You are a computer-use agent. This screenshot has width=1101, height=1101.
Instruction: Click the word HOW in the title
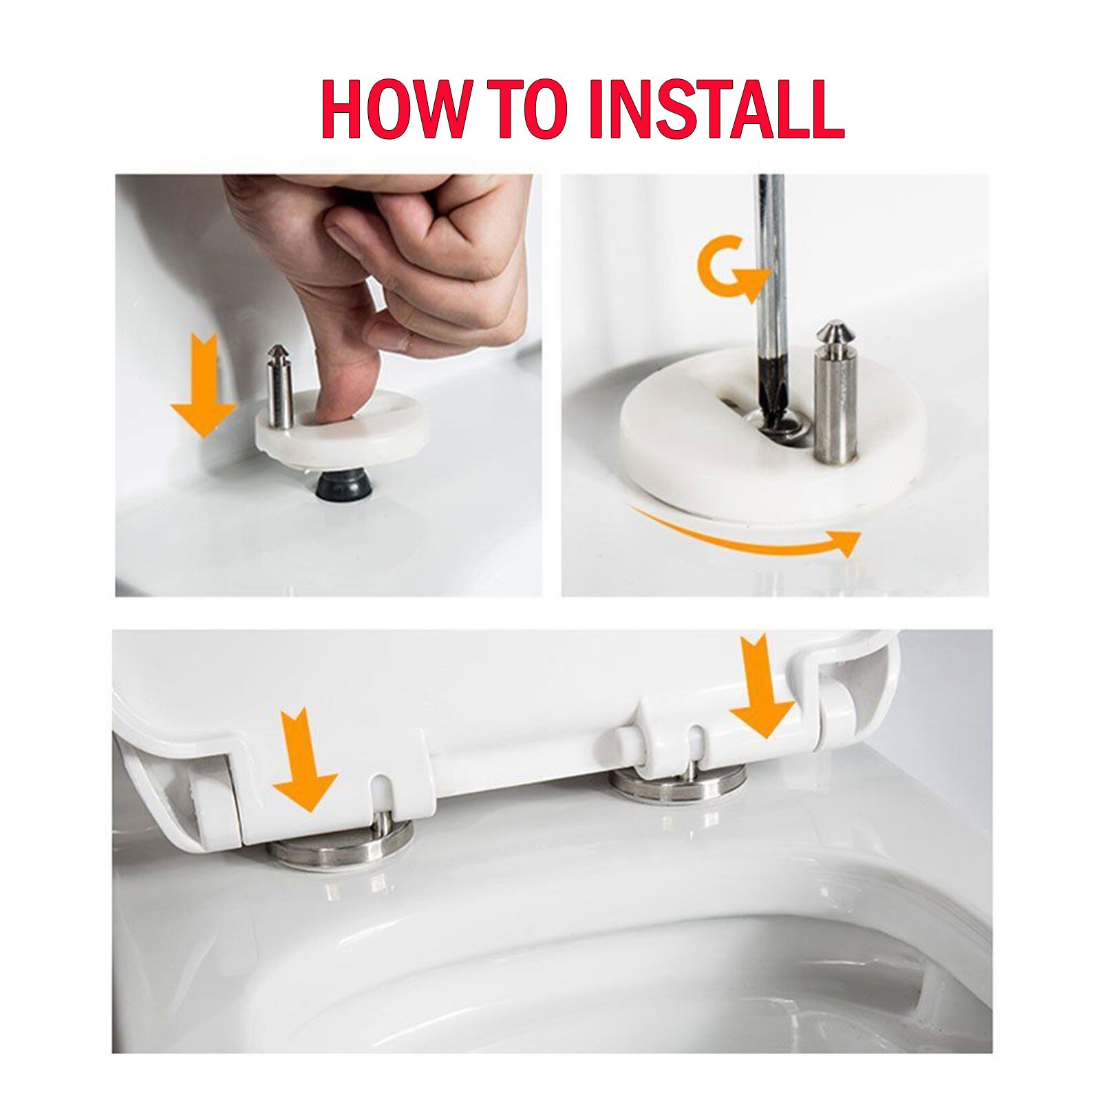coord(396,110)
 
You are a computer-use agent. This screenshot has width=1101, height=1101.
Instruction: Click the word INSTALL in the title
coord(716,110)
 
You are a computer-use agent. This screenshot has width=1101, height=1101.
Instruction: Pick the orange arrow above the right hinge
coord(762,688)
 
